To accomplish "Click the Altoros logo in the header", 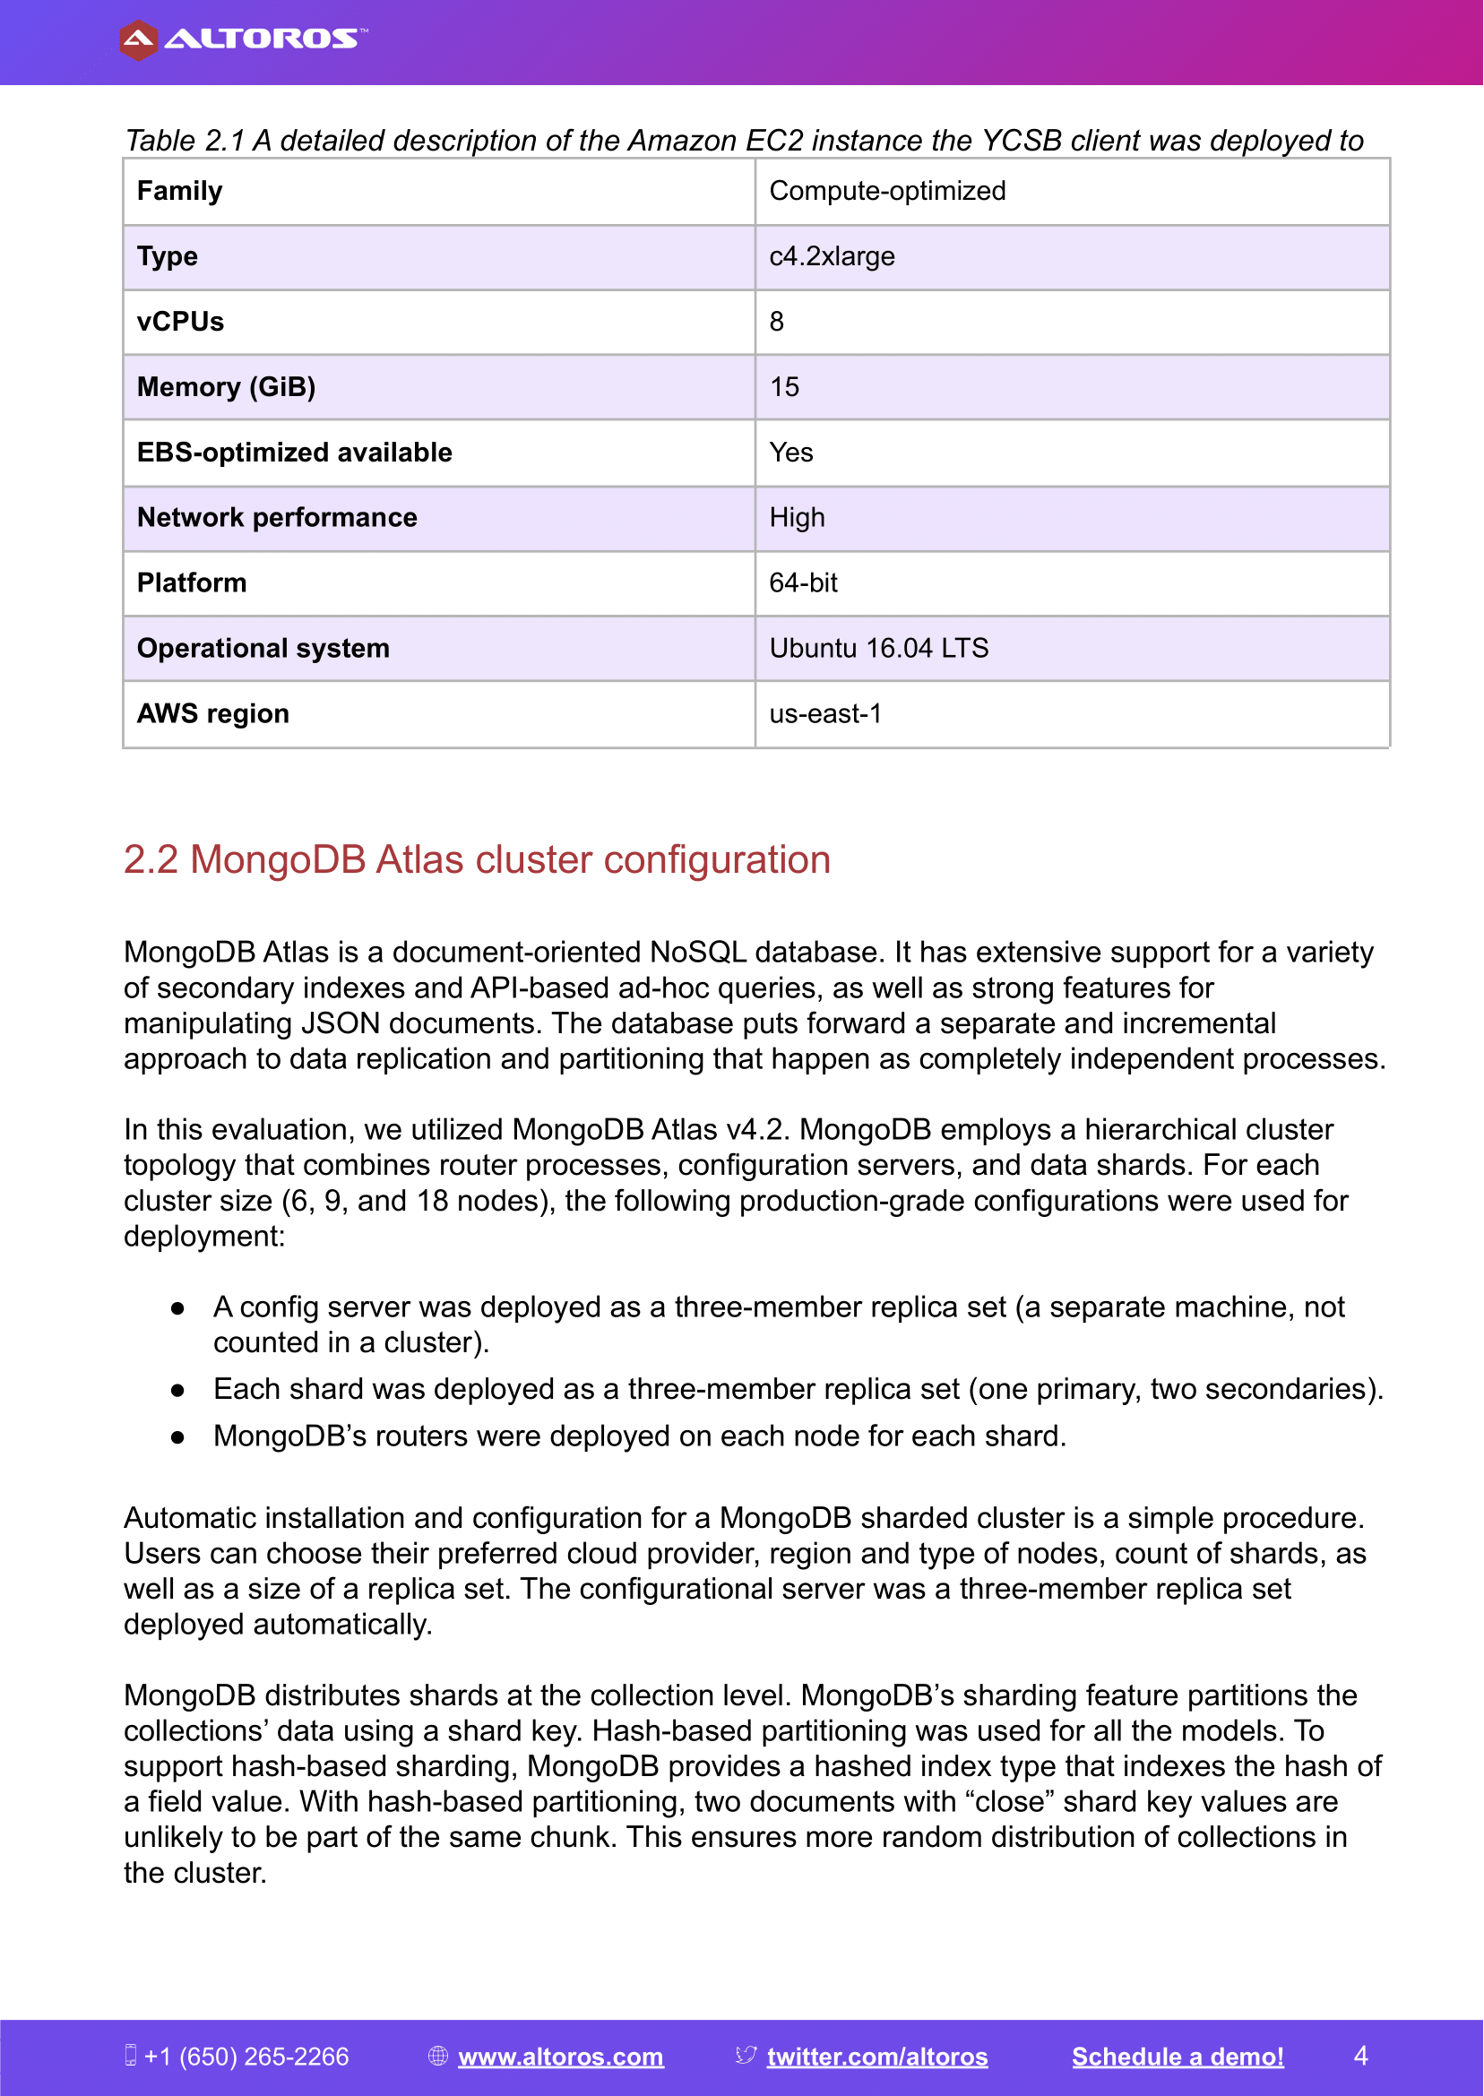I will pyautogui.click(x=242, y=39).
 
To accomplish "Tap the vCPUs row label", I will pyautogui.click(x=180, y=322).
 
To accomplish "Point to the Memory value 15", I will pyautogui.click(x=784, y=387).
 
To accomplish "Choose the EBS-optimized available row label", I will pyautogui.click(x=294, y=453).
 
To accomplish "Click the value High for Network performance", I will pyautogui.click(x=797, y=518).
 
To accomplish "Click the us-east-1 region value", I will pyautogui.click(x=825, y=713).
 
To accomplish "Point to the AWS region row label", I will pyautogui.click(x=213, y=713).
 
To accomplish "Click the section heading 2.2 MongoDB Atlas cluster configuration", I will pyautogui.click(x=477, y=859).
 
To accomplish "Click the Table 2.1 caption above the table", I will pyautogui.click(x=744, y=141).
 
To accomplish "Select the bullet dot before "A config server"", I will pyautogui.click(x=178, y=1309).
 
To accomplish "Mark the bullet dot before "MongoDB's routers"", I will pyautogui.click(x=178, y=1438).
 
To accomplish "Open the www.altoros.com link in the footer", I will pyautogui.click(x=560, y=2057).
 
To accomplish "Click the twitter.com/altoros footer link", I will pyautogui.click(x=876, y=2057).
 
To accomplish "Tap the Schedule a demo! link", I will pyautogui.click(x=1177, y=2057).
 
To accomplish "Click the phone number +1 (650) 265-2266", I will pyautogui.click(x=246, y=2057).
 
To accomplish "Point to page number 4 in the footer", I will pyautogui.click(x=1360, y=2056).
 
